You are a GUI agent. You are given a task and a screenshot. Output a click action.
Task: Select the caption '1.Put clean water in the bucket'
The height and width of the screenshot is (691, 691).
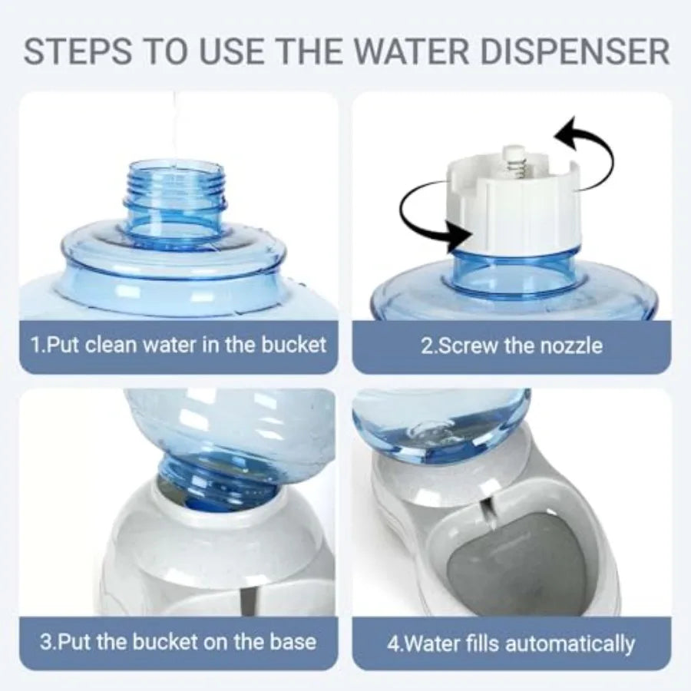[x=178, y=344]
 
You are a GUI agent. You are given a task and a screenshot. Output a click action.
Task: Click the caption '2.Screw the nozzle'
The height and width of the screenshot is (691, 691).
[x=511, y=345]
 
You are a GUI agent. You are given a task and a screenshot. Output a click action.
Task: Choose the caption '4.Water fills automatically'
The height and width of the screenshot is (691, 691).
[x=511, y=642]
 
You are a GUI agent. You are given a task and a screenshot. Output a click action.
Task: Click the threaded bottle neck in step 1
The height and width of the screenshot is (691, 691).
[x=177, y=188]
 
